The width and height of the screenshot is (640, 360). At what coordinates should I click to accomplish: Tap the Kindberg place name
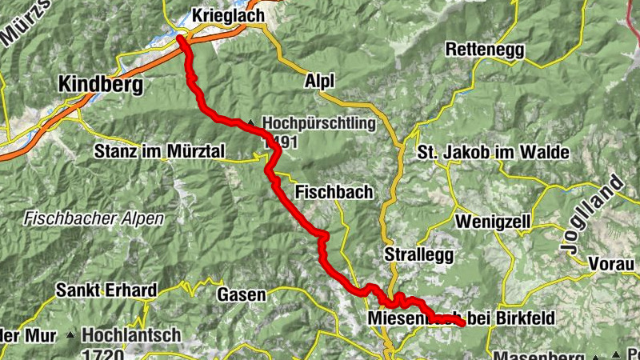[100, 84]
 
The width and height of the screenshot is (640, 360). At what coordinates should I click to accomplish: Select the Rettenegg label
[485, 50]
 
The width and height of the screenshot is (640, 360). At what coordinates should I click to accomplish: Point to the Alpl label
[318, 81]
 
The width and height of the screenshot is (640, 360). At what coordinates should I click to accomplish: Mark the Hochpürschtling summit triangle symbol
[252, 123]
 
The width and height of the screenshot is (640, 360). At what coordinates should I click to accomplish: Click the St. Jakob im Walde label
[493, 152]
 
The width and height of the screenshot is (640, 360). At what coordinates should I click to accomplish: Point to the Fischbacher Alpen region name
[94, 218]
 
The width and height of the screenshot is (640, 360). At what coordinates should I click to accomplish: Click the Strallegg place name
[418, 254]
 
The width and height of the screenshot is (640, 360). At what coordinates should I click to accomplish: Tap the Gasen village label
[242, 294]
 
